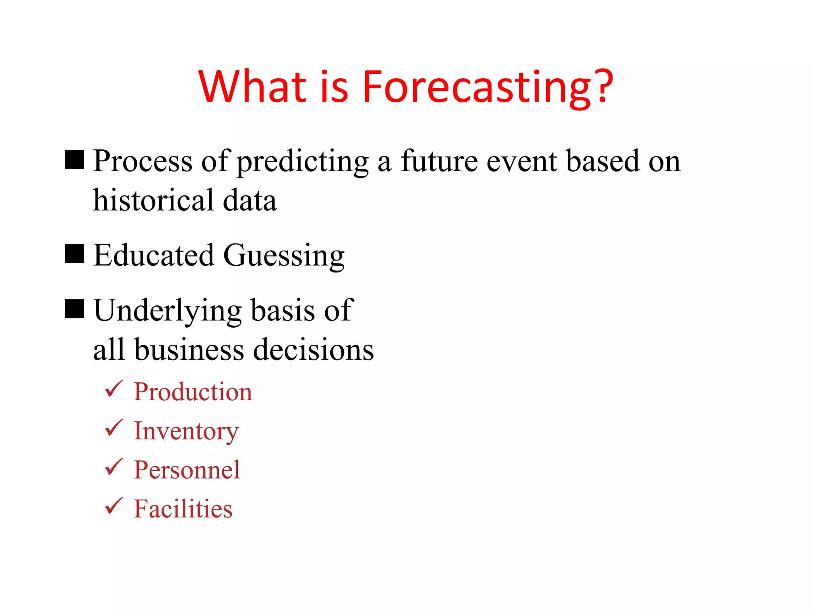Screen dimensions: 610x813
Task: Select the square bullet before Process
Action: tap(75, 160)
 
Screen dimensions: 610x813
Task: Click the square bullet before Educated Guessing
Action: tap(75, 254)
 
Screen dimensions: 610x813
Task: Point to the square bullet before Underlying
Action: tap(75, 309)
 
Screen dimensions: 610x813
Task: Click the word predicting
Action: tap(303, 162)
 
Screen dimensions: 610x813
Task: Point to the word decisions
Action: tap(314, 350)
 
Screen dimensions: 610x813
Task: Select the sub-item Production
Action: tap(193, 392)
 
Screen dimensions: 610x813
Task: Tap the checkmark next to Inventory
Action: tap(114, 428)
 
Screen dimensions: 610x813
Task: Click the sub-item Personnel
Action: tap(187, 470)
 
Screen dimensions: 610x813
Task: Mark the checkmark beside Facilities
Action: tap(114, 506)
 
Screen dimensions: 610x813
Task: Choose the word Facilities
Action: tap(183, 509)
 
